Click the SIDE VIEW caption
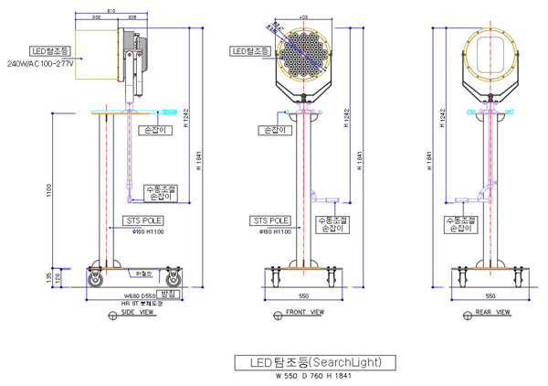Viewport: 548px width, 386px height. pos(136,313)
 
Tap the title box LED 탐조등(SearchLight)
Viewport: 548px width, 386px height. pos(315,361)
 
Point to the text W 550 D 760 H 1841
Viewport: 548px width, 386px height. pos(315,375)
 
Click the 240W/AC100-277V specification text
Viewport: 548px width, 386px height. pos(41,64)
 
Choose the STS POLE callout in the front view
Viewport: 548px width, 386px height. pos(271,220)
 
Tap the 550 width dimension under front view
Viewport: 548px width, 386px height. pos(302,297)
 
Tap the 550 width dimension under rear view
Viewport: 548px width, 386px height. pos(490,297)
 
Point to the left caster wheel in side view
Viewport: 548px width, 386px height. pos(95,280)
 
